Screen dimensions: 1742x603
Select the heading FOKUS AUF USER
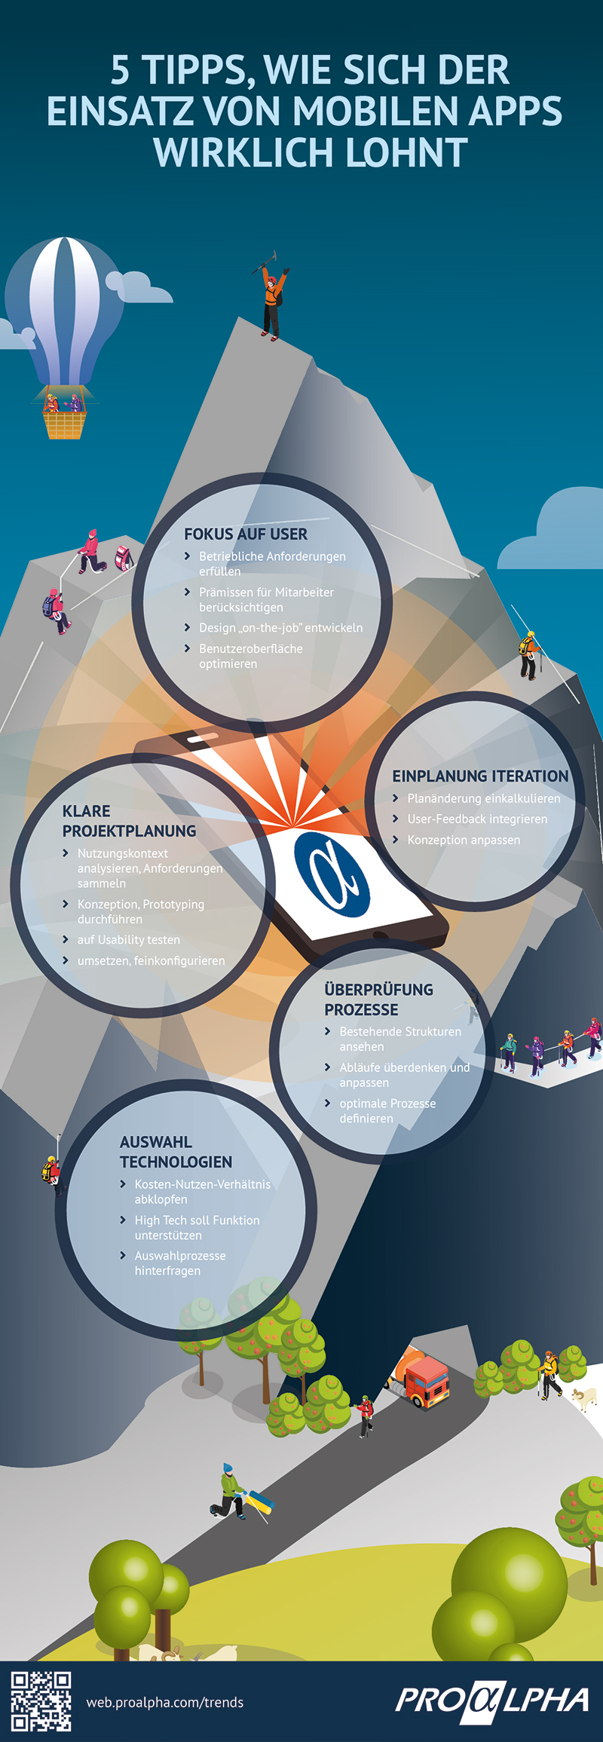pyautogui.click(x=246, y=534)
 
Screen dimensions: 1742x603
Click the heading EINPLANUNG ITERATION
pyautogui.click(x=480, y=776)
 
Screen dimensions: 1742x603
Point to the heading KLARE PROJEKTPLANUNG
pyautogui.click(x=129, y=821)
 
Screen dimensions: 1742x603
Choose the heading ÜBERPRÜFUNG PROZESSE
pyautogui.click(x=378, y=1000)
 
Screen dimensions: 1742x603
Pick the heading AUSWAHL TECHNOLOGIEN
pyautogui.click(x=176, y=1152)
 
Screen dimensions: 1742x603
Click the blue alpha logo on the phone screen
pyautogui.click(x=332, y=874)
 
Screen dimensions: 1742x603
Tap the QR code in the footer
pyautogui.click(x=41, y=1701)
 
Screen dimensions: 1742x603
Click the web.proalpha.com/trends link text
pyautogui.click(x=165, y=1702)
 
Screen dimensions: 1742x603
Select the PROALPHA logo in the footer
pyautogui.click(x=491, y=1701)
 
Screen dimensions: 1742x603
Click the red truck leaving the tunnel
pyautogui.click(x=422, y=1382)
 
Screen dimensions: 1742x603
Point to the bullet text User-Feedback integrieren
pyautogui.click(x=477, y=819)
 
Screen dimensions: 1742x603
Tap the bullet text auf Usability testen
pyautogui.click(x=129, y=940)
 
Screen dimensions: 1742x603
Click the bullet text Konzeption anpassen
pyautogui.click(x=464, y=840)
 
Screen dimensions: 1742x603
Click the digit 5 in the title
pyautogui.click(x=121, y=70)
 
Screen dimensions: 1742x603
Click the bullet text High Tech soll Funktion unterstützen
pyautogui.click(x=197, y=1227)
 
